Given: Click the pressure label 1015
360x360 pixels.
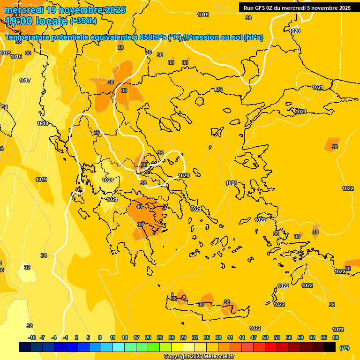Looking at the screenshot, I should click(x=6, y=53).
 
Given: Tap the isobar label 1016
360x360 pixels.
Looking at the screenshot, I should click(x=16, y=56).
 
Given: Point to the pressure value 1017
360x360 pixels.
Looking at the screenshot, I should click(x=25, y=80).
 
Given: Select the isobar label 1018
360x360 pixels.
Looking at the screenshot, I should click(x=43, y=123).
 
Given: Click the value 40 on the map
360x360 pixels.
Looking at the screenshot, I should click(x=139, y=207).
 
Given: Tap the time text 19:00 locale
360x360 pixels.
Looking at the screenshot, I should click(x=36, y=21).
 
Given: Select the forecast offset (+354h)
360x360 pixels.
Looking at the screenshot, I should click(x=83, y=21).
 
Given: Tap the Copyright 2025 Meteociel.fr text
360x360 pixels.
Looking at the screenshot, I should click(x=199, y=357).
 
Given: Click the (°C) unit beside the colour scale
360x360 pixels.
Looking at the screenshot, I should click(x=344, y=348).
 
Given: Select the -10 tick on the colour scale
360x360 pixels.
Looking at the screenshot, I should click(x=32, y=337).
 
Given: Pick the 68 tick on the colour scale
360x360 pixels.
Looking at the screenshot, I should click(x=336, y=337).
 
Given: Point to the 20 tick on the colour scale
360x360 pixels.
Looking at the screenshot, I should click(x=148, y=337).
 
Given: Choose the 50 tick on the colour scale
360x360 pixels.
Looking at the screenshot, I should click(x=265, y=337).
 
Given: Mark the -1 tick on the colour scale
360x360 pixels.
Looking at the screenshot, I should click(x=66, y=337).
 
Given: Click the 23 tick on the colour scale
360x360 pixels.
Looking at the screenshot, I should click(x=160, y=337).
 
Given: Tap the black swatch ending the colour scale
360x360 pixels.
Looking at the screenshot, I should click(x=330, y=347).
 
